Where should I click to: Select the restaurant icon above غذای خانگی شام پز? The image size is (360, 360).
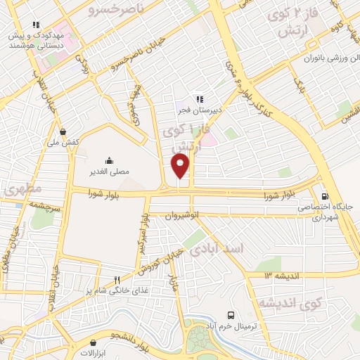(127, 280)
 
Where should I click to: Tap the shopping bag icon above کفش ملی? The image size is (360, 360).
(64, 131)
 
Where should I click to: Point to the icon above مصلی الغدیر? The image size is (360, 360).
(109, 160)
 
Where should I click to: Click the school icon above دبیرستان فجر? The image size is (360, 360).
(200, 99)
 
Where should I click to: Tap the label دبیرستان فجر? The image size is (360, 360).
(199, 110)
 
